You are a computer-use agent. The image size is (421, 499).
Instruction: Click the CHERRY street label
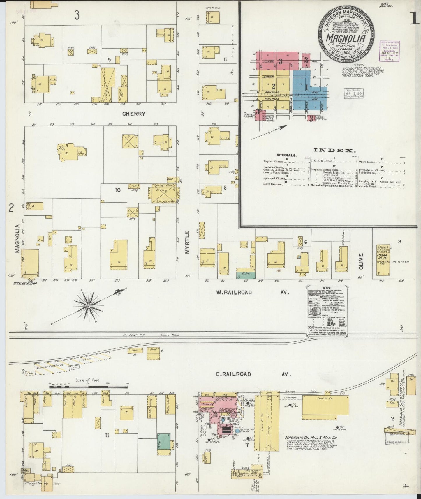(x=134, y=114)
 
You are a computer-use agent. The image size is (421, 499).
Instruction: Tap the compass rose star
(x=88, y=306)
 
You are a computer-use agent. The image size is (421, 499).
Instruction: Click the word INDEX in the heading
(x=335, y=150)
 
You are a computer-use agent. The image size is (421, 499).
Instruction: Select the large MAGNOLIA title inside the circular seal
(x=346, y=38)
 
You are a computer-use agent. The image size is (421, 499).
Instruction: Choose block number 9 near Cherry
(x=110, y=60)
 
